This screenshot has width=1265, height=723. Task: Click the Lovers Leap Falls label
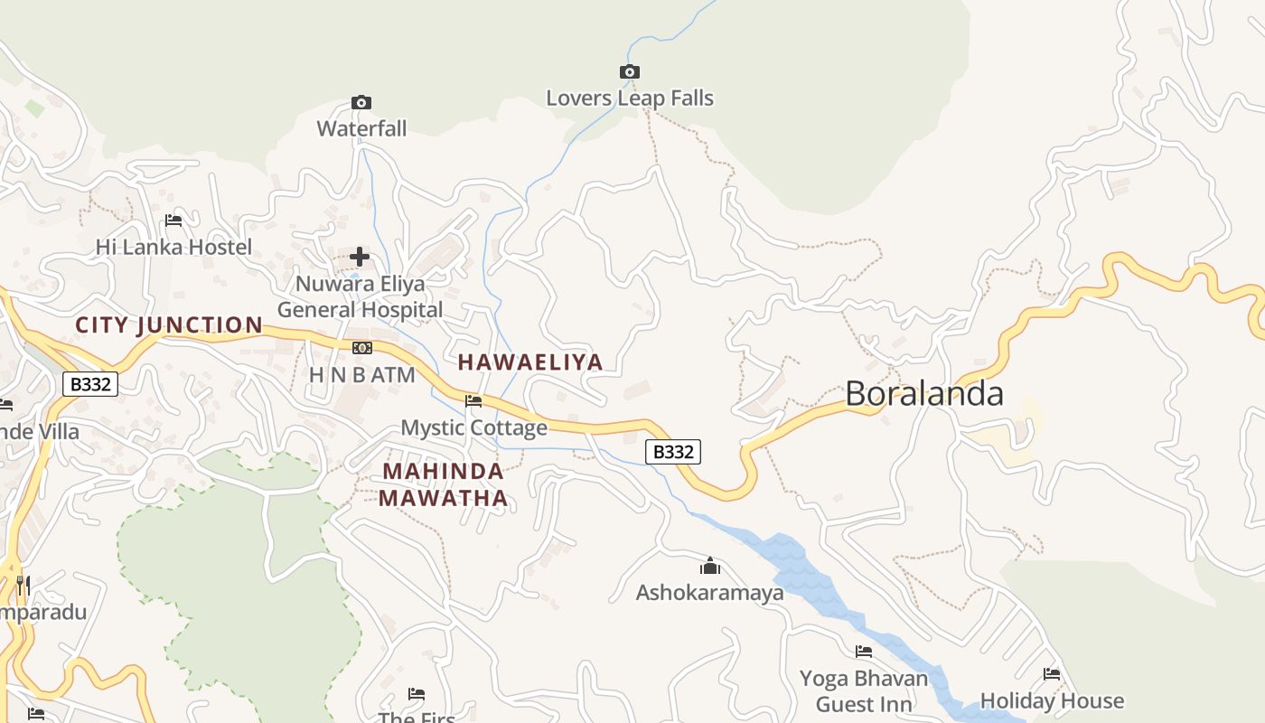coord(630,99)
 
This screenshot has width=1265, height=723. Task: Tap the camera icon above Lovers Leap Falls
coord(630,71)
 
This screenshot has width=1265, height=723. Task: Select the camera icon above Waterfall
coord(361,102)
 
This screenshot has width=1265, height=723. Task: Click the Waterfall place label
coord(361,128)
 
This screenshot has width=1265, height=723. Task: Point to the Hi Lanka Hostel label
coord(173,247)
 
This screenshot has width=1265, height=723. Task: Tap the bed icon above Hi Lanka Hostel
coord(173,221)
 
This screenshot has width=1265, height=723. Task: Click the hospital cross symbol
coord(360,257)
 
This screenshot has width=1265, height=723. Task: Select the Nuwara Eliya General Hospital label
coord(360,296)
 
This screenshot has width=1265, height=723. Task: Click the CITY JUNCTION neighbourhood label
coord(169,325)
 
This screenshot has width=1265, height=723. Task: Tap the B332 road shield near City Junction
coord(90,384)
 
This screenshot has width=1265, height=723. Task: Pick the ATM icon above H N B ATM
coord(361,348)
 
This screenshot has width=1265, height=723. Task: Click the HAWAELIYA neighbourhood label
coord(529,362)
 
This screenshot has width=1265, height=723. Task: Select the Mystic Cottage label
coord(473,427)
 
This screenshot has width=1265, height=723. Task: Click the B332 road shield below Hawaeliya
coord(673,452)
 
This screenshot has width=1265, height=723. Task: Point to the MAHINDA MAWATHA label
coord(443,484)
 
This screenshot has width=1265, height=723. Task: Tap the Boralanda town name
coord(924,394)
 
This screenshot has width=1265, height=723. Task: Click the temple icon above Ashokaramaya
coord(710,567)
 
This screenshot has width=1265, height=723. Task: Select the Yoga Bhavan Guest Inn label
coord(863,690)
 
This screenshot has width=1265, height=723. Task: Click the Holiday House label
coord(1052,700)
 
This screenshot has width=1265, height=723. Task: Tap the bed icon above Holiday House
coord(1052,674)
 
